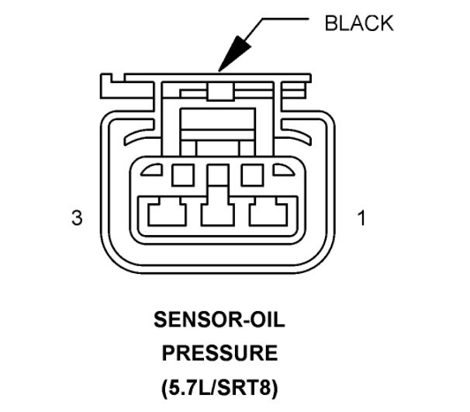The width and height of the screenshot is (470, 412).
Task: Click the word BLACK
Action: pyautogui.click(x=358, y=23)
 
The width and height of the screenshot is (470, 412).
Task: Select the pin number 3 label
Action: pyautogui.click(x=76, y=218)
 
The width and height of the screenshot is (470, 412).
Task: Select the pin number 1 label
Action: pyautogui.click(x=361, y=218)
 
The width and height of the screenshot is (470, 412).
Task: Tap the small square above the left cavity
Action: pyautogui.click(x=183, y=175)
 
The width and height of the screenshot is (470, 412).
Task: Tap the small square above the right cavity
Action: pyautogui.click(x=252, y=175)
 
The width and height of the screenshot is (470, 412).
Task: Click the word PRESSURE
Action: pyautogui.click(x=218, y=353)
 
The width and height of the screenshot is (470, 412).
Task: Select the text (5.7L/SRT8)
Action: pyautogui.click(x=218, y=386)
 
